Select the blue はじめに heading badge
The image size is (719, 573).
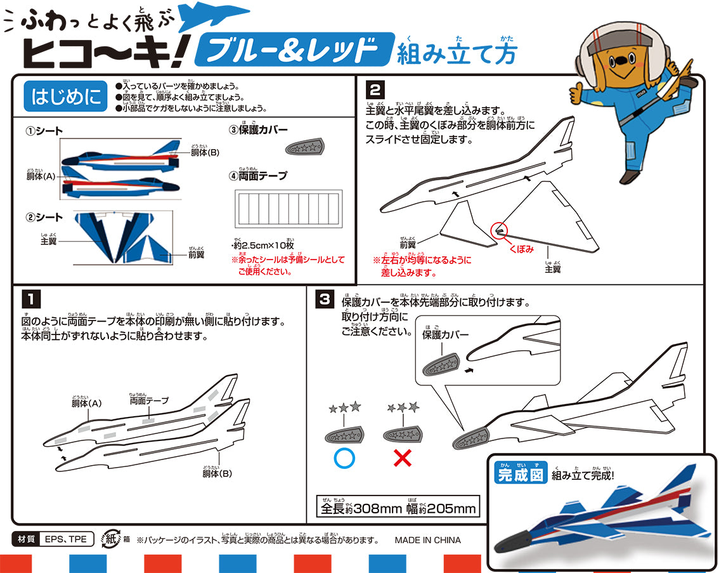tap(66, 97)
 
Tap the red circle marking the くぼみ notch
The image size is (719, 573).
tap(500, 232)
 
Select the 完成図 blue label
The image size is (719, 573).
tap(520, 474)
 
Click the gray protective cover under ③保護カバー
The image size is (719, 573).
tap(302, 147)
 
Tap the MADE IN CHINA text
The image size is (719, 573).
tap(427, 541)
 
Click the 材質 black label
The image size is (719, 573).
tap(25, 540)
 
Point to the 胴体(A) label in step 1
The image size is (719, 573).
tap(87, 402)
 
